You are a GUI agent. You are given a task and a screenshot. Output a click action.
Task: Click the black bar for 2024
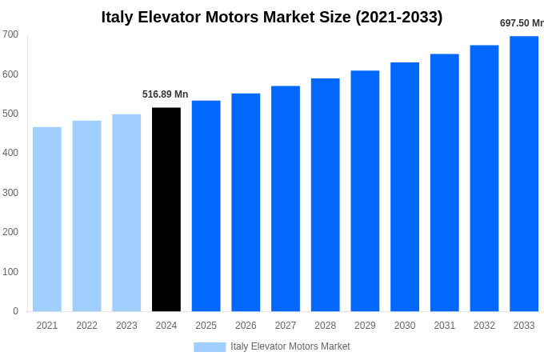point(166,210)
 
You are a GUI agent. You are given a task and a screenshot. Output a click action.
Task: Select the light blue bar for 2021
point(47,219)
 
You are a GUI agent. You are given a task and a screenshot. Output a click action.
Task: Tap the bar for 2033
point(524,174)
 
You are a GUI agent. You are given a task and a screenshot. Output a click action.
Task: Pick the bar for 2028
point(325,194)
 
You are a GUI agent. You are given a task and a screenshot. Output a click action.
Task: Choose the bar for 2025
point(206,206)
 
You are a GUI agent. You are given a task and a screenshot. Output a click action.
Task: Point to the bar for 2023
point(126,213)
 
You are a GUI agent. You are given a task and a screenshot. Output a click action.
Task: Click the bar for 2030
point(405,186)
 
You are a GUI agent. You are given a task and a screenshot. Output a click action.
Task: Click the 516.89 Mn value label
point(166,94)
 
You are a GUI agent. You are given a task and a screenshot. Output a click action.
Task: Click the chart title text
point(272,17)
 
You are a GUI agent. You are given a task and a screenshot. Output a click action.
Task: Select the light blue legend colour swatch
point(210,346)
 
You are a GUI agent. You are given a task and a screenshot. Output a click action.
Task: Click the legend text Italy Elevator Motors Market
point(290,346)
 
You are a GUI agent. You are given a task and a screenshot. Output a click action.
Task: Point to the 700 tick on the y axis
point(10,34)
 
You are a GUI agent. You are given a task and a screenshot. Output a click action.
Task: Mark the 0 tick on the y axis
point(15,311)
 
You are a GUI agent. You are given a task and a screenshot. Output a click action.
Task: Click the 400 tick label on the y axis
point(10,153)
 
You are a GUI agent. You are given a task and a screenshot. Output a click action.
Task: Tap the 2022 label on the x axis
point(86,326)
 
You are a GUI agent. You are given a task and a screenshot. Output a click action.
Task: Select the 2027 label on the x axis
point(286,326)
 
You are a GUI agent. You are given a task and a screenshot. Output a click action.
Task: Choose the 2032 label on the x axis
point(484,326)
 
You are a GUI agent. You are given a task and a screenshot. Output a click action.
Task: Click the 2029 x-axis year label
point(365,326)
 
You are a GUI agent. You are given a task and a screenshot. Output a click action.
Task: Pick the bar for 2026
point(246,202)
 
